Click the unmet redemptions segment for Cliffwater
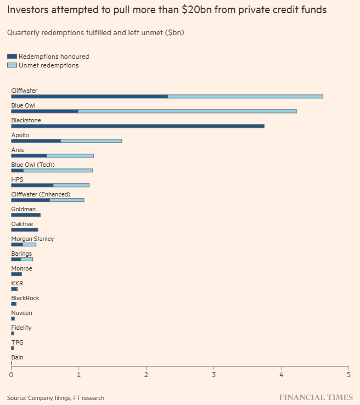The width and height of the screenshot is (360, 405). point(245,97)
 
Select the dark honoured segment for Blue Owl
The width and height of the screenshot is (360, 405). point(44,111)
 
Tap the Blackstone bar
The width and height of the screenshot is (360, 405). point(137,126)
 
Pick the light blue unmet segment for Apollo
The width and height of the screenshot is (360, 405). point(91,141)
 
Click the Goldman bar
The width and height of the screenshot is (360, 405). point(26,215)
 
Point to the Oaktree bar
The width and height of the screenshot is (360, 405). point(25,230)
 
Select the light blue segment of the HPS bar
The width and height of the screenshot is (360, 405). point(71,185)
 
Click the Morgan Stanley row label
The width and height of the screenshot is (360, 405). point(32,239)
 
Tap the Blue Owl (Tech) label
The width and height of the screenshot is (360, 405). point(33,165)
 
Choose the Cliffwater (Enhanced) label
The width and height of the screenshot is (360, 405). point(41,194)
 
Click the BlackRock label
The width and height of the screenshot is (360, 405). point(25,298)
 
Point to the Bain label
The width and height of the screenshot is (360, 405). point(17,357)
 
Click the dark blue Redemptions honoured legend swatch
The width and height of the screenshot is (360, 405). point(12,57)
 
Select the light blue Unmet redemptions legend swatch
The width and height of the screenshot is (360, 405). point(12,65)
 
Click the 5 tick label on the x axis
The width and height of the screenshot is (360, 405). point(348,375)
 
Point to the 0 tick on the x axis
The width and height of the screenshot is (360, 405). point(12,375)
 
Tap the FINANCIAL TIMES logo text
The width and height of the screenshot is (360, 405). point(315,397)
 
